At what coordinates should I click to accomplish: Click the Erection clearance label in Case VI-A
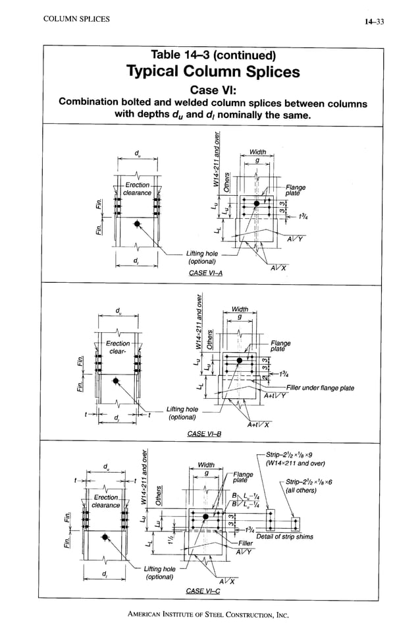(x=138, y=189)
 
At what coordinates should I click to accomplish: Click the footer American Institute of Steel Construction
(x=209, y=615)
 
